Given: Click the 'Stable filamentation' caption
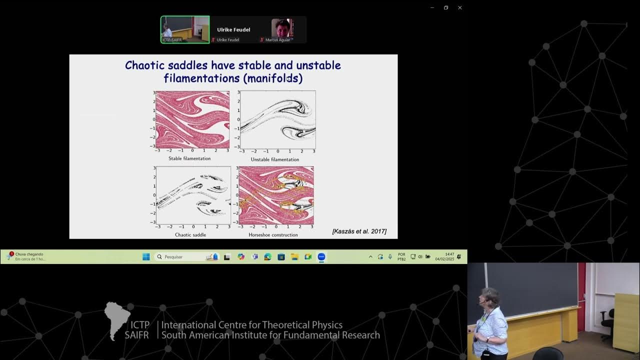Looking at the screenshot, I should tap(189, 158).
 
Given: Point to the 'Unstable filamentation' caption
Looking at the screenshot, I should tap(275, 159).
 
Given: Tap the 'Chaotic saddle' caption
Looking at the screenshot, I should tap(190, 234).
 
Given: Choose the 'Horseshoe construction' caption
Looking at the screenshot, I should tap(273, 234).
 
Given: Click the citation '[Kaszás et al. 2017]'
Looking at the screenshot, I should tap(359, 231).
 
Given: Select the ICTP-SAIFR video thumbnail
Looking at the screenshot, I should tap(185, 29).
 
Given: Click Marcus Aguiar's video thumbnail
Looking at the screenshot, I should tap(281, 29).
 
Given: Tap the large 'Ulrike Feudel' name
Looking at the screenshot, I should tap(233, 29).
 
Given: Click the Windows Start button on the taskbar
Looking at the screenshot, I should tap(146, 256).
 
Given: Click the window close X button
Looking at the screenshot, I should tap(460, 7).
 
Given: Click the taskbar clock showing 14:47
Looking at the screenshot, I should tap(449, 256).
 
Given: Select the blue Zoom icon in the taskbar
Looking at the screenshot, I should tap(321, 256).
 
